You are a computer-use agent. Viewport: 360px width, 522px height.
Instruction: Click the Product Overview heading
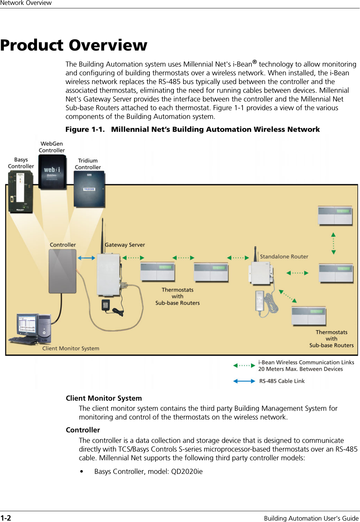click(x=74, y=45)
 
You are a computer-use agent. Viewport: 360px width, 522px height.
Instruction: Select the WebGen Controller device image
click(x=52, y=172)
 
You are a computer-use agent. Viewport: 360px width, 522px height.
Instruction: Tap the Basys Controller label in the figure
click(x=21, y=163)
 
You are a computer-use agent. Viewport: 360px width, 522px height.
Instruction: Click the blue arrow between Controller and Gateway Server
click(x=86, y=258)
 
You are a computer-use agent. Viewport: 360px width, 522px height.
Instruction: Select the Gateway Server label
click(x=125, y=245)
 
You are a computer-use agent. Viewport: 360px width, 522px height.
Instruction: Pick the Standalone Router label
click(x=284, y=257)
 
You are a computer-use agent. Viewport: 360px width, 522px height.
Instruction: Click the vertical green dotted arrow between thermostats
click(x=334, y=243)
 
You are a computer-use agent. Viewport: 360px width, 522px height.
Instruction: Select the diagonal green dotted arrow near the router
click(x=288, y=296)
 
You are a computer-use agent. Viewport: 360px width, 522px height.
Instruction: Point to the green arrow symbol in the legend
click(x=244, y=365)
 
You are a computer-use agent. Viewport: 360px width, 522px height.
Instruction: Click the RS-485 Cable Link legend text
click(x=282, y=381)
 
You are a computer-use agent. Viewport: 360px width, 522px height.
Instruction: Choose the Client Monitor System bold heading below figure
click(x=104, y=398)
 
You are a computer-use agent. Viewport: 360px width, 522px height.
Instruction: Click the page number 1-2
click(x=6, y=518)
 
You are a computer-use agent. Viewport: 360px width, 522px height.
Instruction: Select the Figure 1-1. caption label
click(x=85, y=129)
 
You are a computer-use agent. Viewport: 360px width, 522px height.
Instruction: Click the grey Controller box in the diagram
click(x=62, y=271)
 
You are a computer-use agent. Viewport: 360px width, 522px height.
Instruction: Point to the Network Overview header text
click(x=26, y=3)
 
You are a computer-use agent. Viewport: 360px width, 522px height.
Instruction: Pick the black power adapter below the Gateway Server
click(x=106, y=304)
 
